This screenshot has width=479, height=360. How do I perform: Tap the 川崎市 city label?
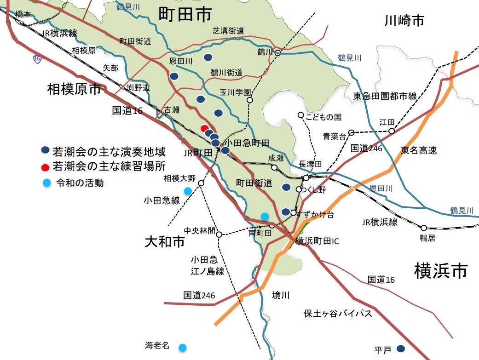click(404, 21)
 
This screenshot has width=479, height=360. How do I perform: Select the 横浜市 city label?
click(441, 270)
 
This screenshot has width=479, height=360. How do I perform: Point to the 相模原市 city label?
click(74, 89)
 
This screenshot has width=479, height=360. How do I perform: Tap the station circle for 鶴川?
click(278, 53)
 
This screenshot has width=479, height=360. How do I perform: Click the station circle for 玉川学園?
click(250, 100)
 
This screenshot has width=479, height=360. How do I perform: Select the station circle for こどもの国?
click(300, 115)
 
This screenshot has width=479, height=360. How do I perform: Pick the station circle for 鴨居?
click(423, 228)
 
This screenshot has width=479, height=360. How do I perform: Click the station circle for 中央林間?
click(219, 234)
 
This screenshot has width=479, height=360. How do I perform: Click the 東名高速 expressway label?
click(419, 150)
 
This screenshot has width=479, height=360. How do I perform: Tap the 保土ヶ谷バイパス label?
click(338, 314)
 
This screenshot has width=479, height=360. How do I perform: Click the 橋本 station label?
click(23, 14)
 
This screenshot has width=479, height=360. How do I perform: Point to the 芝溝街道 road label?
click(228, 31)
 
